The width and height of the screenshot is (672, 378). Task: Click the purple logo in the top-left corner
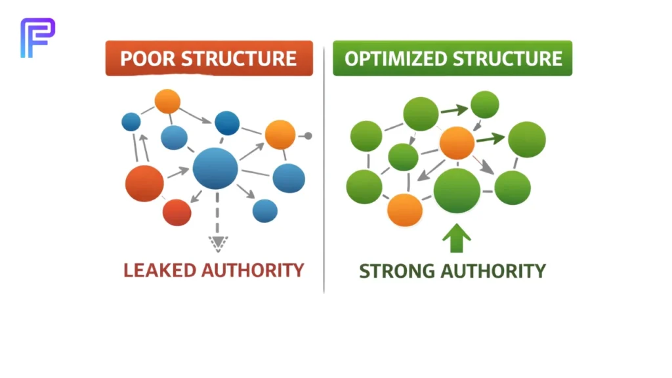[37, 37]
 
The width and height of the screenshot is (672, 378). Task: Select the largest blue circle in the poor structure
[215, 169]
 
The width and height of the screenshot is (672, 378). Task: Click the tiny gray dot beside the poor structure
[308, 136]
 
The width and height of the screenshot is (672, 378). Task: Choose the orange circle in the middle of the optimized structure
[457, 143]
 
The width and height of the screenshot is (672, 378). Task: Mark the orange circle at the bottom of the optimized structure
[404, 210]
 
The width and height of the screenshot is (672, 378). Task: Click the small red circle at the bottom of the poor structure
[177, 212]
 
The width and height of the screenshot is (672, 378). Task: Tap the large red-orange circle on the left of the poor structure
[144, 183]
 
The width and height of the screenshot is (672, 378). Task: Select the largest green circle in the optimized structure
[457, 190]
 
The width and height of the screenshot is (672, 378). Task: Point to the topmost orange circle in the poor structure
[167, 101]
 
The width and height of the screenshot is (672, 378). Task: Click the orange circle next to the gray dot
[280, 135]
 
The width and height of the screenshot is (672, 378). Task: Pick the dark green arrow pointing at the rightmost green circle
[490, 138]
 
